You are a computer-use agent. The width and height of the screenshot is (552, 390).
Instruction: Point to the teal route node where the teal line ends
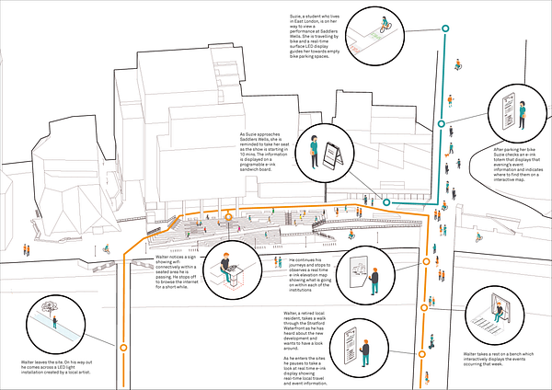click(387, 201)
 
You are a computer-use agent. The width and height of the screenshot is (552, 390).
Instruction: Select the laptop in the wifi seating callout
click(232, 267)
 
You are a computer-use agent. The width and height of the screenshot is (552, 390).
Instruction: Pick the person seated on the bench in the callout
click(499, 313)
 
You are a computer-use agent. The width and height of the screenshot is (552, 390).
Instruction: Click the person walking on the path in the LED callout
click(56, 324)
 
